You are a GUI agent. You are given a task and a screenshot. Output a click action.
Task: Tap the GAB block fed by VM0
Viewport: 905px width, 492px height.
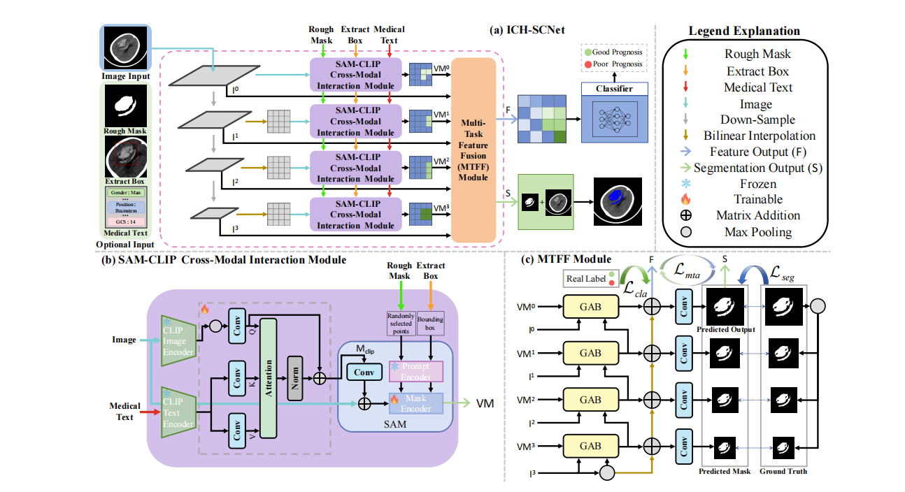(x=590, y=305)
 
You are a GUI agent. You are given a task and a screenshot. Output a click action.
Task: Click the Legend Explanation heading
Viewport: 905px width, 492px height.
(x=744, y=31)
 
